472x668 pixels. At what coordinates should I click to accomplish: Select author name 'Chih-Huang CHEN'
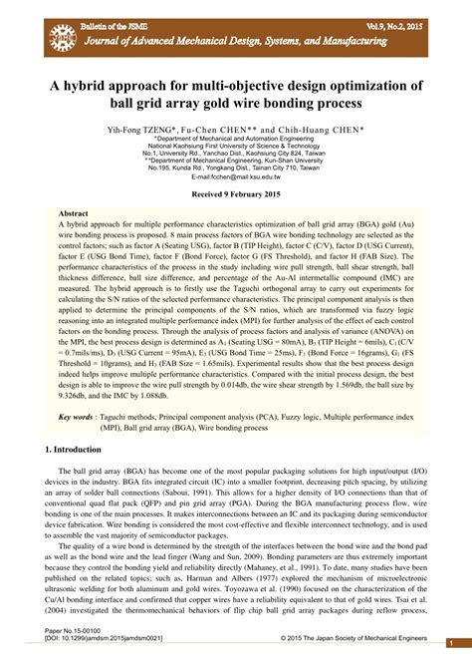pyautogui.click(x=321, y=130)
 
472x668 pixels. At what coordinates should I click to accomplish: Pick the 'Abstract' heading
pyautogui.click(x=74, y=214)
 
